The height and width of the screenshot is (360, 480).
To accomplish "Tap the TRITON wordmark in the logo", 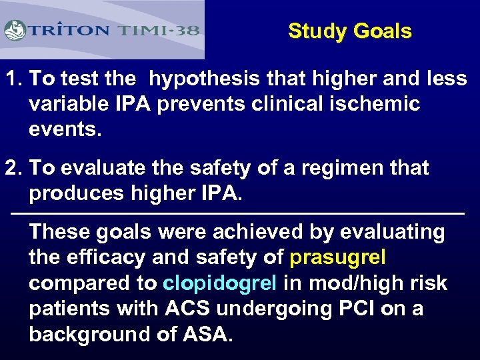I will pos(68,31).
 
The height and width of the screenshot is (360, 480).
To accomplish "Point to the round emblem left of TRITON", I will pos(15,31).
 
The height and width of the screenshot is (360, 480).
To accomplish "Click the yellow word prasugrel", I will pos(338,257).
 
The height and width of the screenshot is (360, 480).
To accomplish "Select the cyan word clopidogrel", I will pos(219,283).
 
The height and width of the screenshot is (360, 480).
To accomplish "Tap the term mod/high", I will pos(353,283).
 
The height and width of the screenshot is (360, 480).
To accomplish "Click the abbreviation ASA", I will pos(205,334).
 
